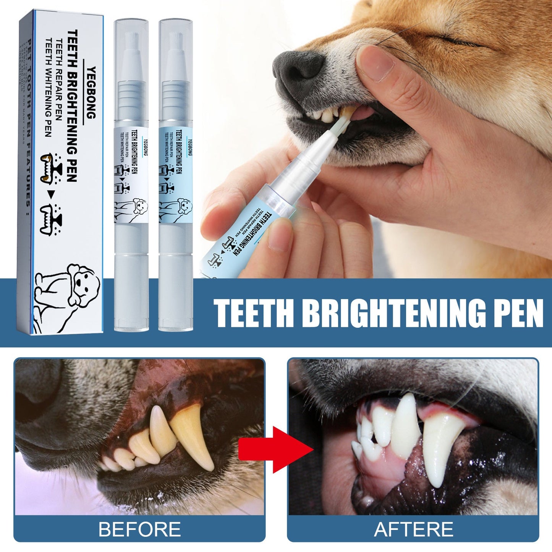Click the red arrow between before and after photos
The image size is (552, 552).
[276, 450]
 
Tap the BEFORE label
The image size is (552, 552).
[139, 529]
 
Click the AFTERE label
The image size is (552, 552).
[413, 529]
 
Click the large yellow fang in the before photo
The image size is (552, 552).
[193, 435]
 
